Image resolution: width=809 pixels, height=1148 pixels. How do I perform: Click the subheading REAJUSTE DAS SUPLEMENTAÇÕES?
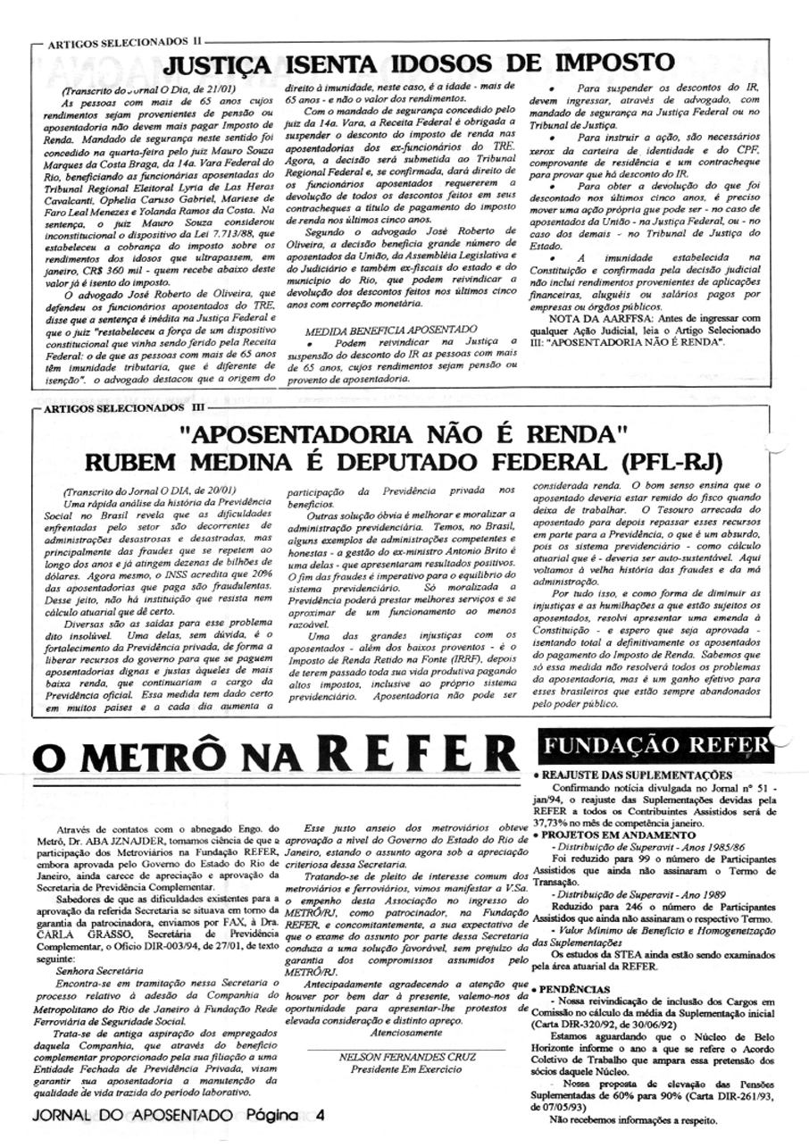click(635, 775)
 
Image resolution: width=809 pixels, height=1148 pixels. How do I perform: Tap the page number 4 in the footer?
click(320, 1116)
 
